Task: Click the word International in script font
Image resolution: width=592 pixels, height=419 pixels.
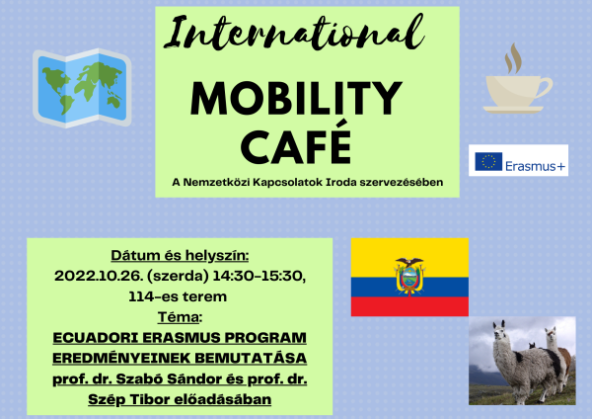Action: coord(294,34)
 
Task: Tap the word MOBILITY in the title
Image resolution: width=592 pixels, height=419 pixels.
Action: coord(296,98)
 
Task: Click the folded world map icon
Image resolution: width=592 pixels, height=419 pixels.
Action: coord(82,88)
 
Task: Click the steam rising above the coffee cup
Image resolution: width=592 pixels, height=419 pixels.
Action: coord(514,58)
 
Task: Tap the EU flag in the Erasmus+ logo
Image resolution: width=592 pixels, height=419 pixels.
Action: coord(488,161)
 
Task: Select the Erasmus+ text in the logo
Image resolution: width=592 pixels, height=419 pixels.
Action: coord(536,166)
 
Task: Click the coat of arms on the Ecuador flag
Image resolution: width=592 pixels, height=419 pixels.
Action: coord(409,276)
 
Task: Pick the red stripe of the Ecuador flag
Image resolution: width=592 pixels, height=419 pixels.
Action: coord(409,306)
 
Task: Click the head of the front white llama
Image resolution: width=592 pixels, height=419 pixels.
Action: coord(499,330)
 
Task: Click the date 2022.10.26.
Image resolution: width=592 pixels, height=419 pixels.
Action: coord(99,276)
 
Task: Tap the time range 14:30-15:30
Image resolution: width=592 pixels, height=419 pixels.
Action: coord(259,276)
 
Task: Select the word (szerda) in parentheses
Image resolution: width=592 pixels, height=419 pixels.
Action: coord(179,277)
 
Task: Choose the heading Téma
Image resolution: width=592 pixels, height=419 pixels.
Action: coord(179,317)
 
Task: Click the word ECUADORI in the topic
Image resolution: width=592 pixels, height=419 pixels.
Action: coord(96,338)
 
